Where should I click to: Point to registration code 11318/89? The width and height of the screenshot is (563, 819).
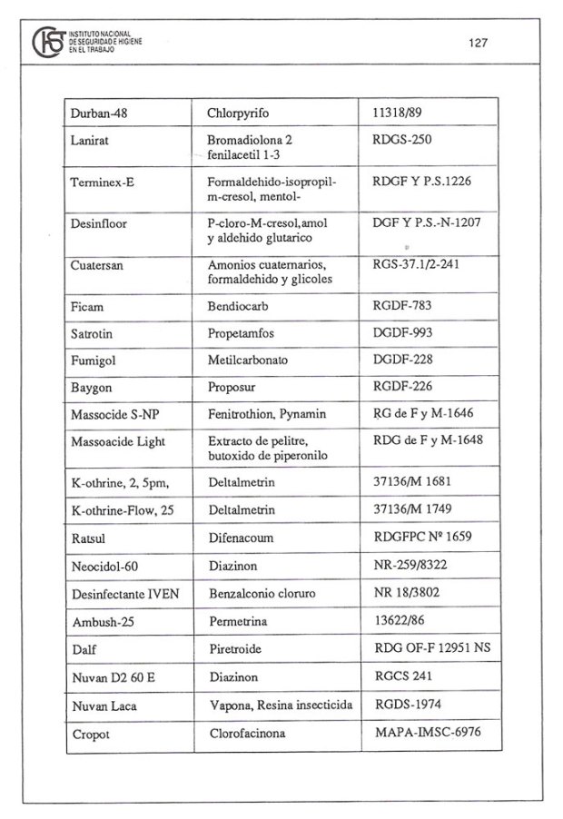402,114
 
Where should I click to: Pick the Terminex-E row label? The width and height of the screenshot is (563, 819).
102,183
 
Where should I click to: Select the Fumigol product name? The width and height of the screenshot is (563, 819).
94,360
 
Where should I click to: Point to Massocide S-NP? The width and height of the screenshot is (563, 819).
114,415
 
